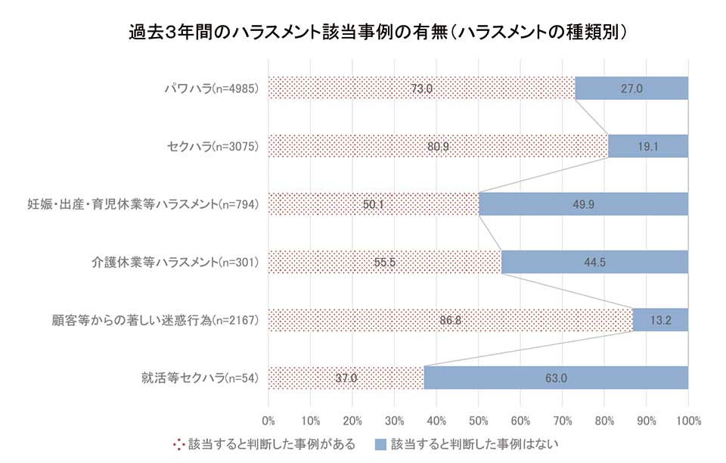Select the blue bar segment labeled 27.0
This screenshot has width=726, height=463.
(631, 89)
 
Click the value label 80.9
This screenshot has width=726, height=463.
(438, 147)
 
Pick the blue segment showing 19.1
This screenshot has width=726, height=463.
(648, 147)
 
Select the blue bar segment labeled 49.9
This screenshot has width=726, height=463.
(583, 204)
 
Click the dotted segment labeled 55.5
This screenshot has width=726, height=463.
(385, 263)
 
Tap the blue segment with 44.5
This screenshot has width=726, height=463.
(594, 263)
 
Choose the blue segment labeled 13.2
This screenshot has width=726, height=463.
(660, 320)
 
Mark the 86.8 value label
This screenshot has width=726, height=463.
(450, 320)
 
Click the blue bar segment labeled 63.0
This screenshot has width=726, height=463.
(556, 378)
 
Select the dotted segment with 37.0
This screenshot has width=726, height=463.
(346, 378)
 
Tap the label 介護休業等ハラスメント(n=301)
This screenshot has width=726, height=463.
(175, 263)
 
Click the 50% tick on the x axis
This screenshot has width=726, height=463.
(478, 419)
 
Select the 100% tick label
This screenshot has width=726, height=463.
(688, 419)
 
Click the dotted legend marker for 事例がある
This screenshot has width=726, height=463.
(178, 443)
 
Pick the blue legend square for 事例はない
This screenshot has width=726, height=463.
(380, 443)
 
